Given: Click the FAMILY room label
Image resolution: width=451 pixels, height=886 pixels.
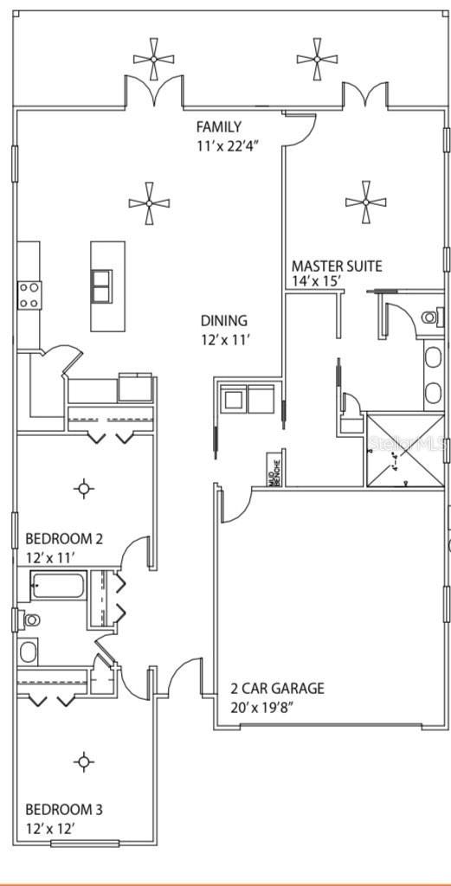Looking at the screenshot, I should (218, 127).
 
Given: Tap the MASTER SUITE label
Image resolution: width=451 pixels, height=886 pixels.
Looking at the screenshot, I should (336, 266).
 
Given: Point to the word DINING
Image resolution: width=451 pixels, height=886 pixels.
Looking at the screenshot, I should (224, 320).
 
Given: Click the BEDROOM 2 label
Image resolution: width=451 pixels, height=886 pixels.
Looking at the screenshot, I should (64, 538).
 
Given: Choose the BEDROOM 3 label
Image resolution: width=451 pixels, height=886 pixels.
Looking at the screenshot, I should (64, 809).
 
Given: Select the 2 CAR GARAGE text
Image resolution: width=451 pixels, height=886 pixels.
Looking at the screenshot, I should (277, 689).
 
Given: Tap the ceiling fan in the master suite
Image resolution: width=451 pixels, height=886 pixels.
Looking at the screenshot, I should (365, 202).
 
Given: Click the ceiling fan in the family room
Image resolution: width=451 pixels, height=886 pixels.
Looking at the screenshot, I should (149, 202).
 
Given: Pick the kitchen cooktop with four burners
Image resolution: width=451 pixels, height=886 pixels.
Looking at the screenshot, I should (29, 295).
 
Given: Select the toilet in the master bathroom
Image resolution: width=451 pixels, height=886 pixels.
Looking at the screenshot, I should (428, 318).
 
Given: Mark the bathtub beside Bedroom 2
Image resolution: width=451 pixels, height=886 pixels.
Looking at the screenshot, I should (57, 587).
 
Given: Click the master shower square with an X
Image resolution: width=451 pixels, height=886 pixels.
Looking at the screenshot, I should (403, 449).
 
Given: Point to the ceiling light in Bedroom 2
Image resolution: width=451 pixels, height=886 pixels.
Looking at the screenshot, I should (84, 489).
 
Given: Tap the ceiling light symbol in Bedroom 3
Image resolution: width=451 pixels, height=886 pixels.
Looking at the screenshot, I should (84, 761).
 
